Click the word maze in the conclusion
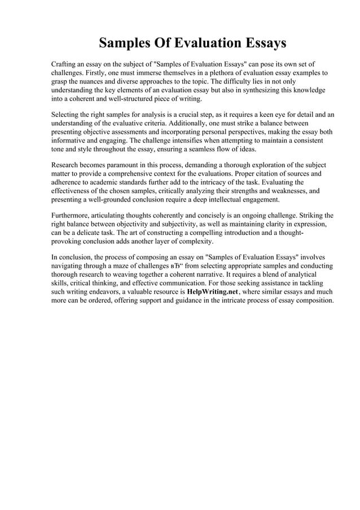coord(125,266)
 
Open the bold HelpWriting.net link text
coord(212,292)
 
